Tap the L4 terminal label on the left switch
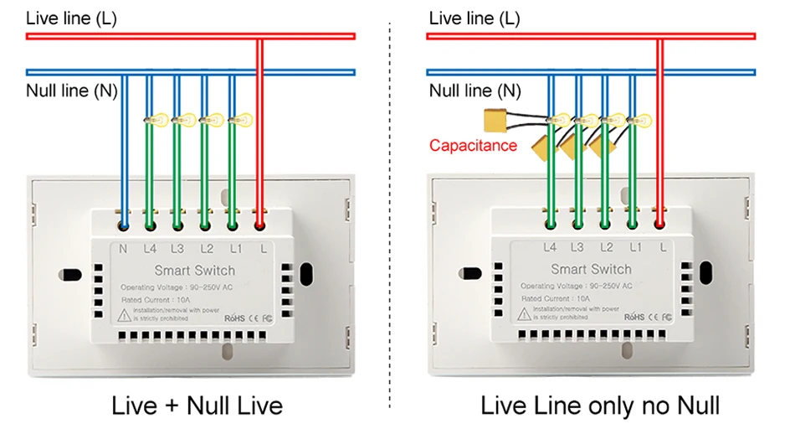tap(151, 249)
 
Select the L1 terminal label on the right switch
tap(634, 247)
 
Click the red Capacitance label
tap(473, 146)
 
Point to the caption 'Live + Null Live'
tap(197, 406)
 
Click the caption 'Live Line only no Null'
tap(599, 406)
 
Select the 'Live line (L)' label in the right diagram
tap(474, 18)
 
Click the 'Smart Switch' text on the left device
tap(195, 271)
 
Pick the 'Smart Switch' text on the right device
tap(591, 269)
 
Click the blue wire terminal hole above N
tap(124, 225)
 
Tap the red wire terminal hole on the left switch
tap(259, 225)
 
